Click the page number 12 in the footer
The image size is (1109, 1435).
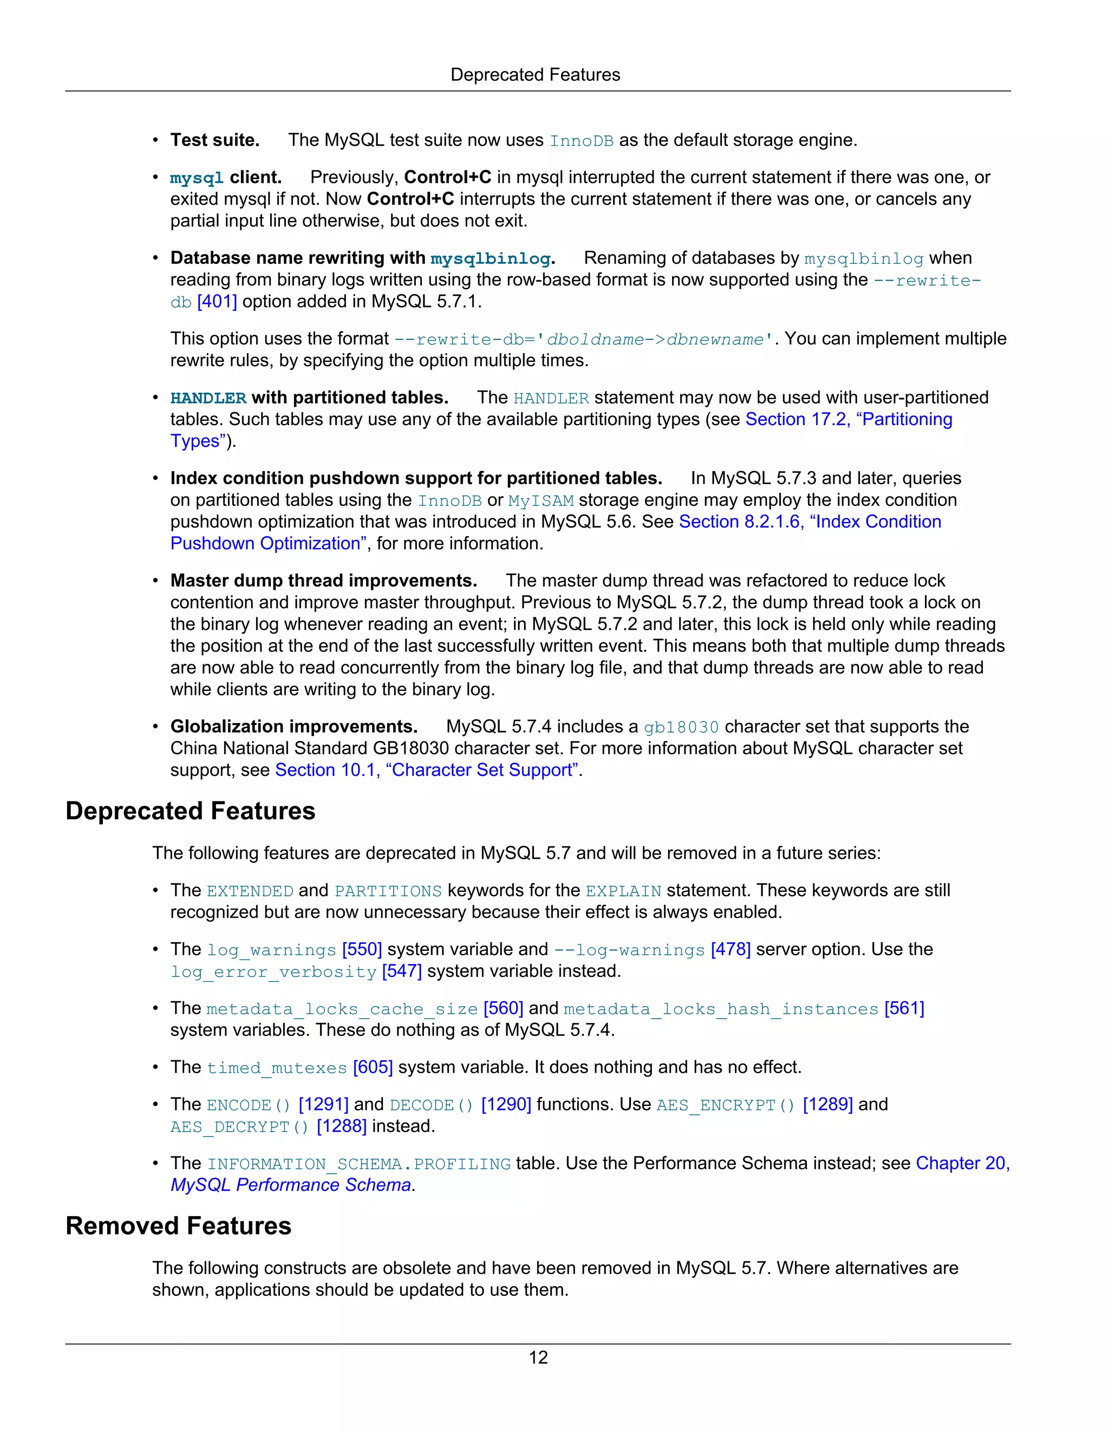click(538, 1358)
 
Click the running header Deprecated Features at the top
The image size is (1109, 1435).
click(535, 75)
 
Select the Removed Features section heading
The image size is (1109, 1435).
click(178, 1226)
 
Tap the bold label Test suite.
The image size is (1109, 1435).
click(215, 140)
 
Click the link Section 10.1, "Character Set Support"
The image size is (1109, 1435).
click(427, 770)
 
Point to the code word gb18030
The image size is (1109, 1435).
click(681, 727)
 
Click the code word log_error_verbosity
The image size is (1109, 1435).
click(273, 972)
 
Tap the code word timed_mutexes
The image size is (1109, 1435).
click(277, 1068)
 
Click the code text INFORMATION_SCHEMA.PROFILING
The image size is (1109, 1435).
click(358, 1164)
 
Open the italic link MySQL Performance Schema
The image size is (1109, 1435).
click(290, 1185)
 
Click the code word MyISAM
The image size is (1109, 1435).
click(541, 501)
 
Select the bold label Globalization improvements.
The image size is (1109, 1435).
click(293, 727)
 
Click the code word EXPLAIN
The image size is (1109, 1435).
click(623, 891)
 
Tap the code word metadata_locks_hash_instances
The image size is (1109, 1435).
click(721, 1009)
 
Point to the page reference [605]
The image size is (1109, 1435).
click(373, 1067)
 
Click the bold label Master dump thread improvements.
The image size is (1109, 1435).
click(323, 581)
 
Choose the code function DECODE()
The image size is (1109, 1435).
click(431, 1105)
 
